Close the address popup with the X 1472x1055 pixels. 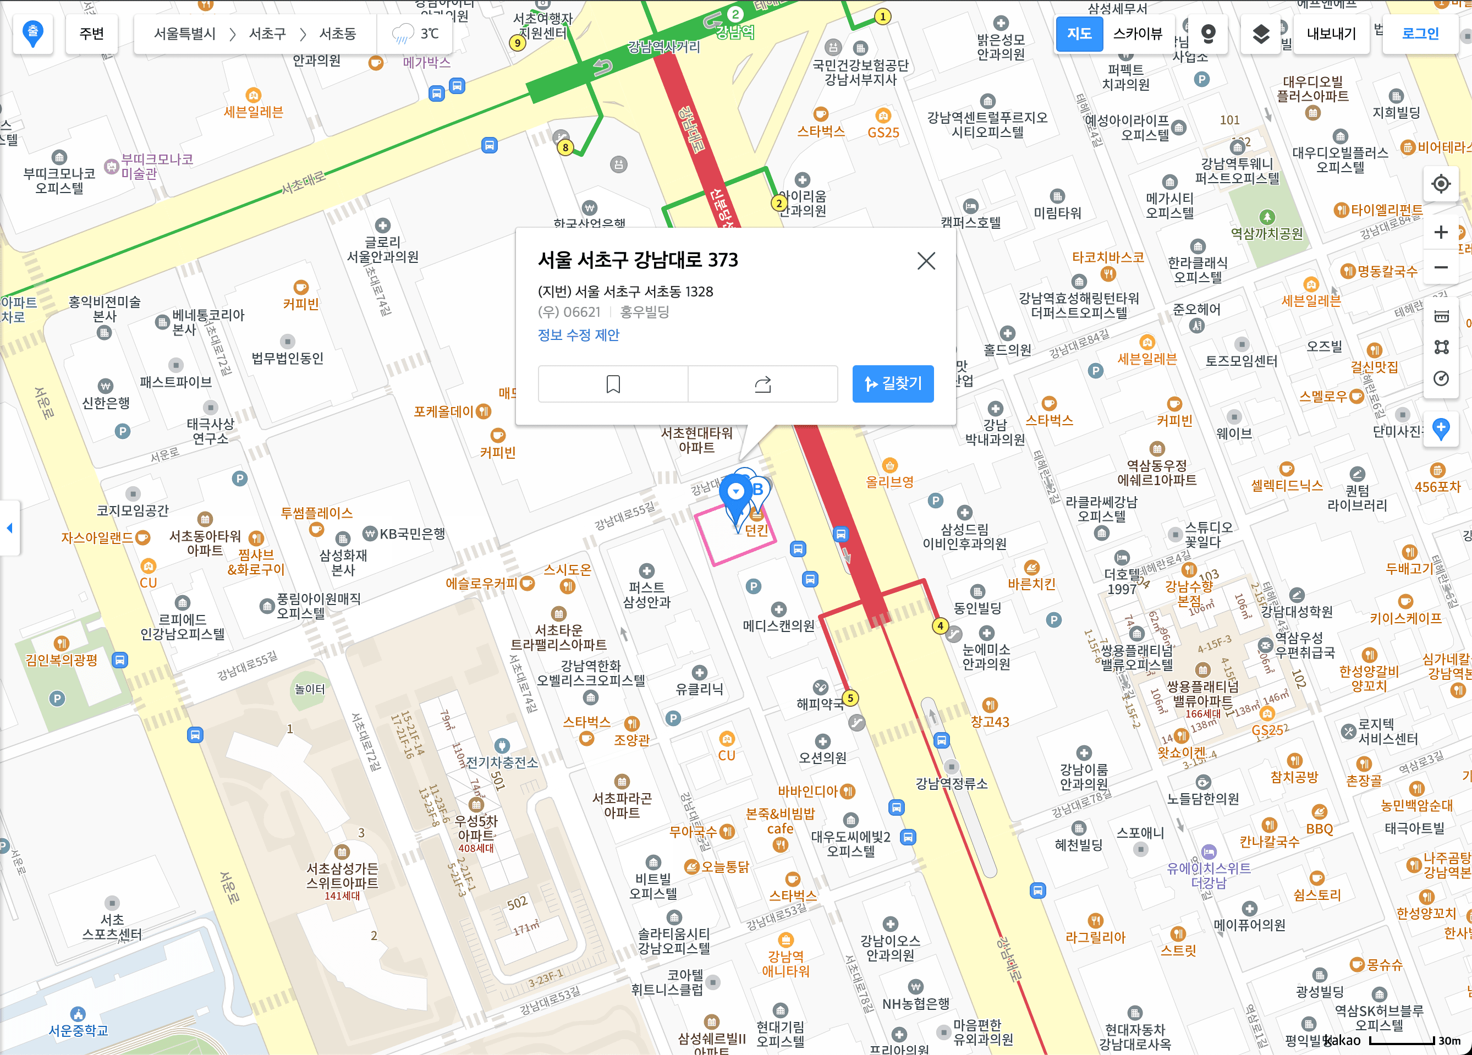[x=926, y=261]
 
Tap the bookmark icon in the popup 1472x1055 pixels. [x=613, y=384]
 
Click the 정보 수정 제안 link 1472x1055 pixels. [x=578, y=335]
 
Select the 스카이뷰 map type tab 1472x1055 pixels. [x=1137, y=34]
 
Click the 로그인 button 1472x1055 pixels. [x=1420, y=34]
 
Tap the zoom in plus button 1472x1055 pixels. [x=1440, y=232]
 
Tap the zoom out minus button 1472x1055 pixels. [x=1440, y=267]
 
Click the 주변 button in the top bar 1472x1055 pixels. [x=91, y=34]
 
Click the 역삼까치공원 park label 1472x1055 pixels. [x=1266, y=234]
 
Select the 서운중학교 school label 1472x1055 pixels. [x=79, y=1030]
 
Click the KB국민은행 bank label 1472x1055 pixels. [x=411, y=534]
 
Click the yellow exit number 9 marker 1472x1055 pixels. [x=517, y=43]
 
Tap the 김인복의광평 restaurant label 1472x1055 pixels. [x=61, y=660]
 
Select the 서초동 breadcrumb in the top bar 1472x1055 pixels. [x=338, y=34]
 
